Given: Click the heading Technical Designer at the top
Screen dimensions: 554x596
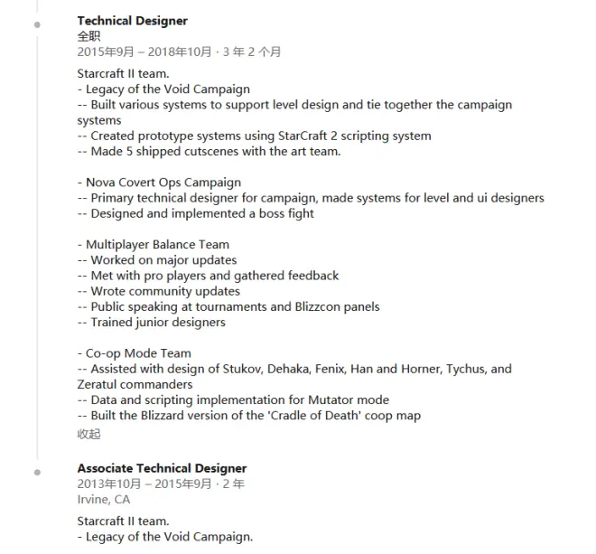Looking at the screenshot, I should point(132,21).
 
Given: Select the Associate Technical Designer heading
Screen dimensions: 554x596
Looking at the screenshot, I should point(162,468).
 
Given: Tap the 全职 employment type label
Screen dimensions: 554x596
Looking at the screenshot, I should point(88,36).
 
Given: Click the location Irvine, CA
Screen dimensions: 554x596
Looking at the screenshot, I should point(103,499).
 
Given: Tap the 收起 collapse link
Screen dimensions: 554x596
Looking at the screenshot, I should point(88,433).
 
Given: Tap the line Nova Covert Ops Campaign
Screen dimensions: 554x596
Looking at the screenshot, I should point(163,183).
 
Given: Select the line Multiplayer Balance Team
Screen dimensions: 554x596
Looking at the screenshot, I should point(157,244).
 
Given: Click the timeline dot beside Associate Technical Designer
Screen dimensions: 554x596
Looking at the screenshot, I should point(37,472).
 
